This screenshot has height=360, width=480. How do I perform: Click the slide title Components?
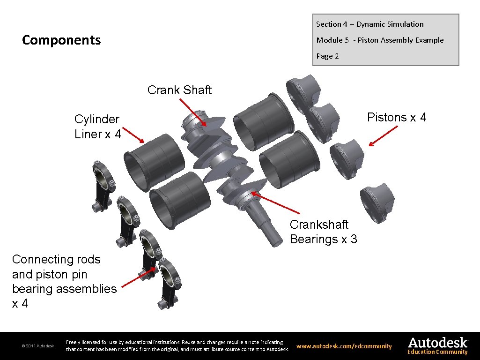[61, 40]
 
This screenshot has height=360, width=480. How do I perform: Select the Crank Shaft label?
[179, 90]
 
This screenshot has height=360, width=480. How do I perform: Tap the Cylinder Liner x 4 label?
[97, 127]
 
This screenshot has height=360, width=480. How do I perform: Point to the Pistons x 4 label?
[397, 117]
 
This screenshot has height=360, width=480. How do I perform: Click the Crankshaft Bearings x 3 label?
[323, 232]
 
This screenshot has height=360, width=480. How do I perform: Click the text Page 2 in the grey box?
[327, 56]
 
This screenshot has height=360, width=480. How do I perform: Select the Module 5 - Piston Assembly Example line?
[380, 40]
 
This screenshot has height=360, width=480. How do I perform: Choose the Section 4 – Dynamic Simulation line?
[369, 24]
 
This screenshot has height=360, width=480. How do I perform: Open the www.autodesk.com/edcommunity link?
[344, 346]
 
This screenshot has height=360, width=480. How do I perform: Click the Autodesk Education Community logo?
[437, 346]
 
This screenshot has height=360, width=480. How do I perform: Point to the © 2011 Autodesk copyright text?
[38, 346]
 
